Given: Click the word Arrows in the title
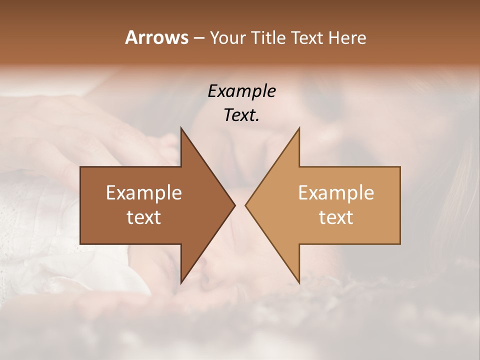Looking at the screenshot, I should pyautogui.click(x=156, y=37).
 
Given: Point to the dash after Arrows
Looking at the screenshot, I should pyautogui.click(x=198, y=38).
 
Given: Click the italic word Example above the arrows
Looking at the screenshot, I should pyautogui.click(x=241, y=91).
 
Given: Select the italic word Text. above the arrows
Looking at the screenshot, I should pyautogui.click(x=241, y=115).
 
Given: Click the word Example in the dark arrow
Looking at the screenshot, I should pyautogui.click(x=144, y=192).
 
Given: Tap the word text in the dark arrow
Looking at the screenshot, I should pyautogui.click(x=144, y=217).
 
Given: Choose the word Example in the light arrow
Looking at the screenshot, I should pyautogui.click(x=336, y=192).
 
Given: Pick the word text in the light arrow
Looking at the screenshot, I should pyautogui.click(x=336, y=217).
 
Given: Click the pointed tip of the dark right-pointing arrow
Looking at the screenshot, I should pyautogui.click(x=235, y=205).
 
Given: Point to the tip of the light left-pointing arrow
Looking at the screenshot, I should pyautogui.click(x=245, y=205).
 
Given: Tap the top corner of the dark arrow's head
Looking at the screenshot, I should pyautogui.click(x=181, y=127).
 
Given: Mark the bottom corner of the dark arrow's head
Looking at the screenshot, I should pyautogui.click(x=181, y=283).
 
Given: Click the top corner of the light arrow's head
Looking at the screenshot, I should pyautogui.click(x=299, y=127).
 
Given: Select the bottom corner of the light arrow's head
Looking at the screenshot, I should pyautogui.click(x=299, y=283).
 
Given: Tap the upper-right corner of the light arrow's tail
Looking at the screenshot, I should pyautogui.click(x=400, y=167).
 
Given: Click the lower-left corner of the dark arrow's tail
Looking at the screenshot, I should pyautogui.click(x=80, y=243).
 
